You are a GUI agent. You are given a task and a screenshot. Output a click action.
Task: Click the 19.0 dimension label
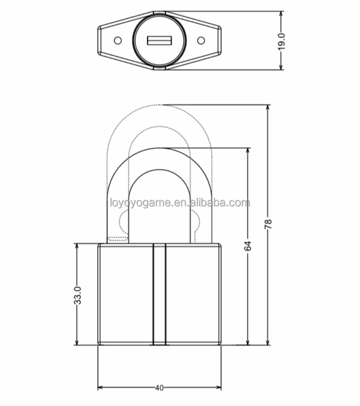coord(281,41)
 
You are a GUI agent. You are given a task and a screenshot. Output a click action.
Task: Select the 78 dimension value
coord(269,224)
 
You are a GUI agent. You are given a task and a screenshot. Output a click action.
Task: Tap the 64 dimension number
coord(248,246)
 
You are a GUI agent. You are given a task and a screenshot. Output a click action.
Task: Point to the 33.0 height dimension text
coord(77,295)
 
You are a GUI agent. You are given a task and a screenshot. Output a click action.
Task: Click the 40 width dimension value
coord(159,388)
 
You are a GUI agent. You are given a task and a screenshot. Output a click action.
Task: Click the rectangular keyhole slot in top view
coord(159,41)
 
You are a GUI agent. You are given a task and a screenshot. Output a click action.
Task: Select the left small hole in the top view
coord(117,41)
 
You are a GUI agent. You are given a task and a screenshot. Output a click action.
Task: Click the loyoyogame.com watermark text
coord(180,203)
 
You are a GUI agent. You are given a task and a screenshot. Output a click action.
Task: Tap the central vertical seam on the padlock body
coord(159,294)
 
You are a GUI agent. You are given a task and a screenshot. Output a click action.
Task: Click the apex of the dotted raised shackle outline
coord(159,105)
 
